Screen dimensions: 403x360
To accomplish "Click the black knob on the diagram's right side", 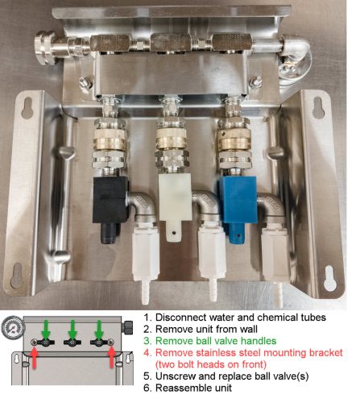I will pyautogui.click(x=128, y=326).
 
